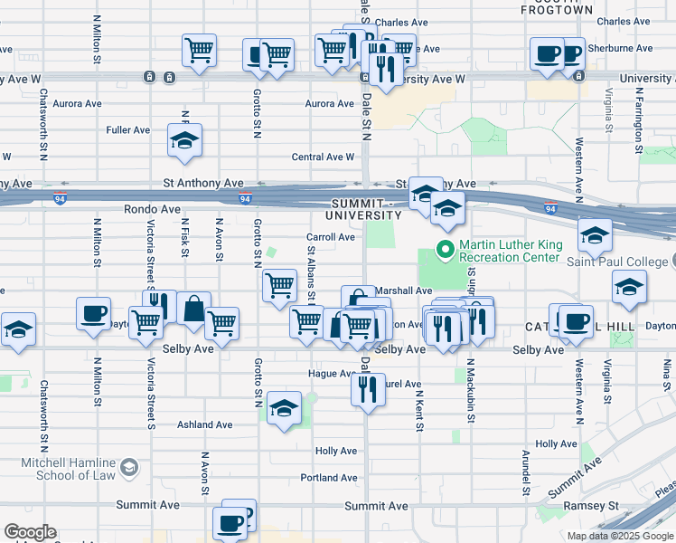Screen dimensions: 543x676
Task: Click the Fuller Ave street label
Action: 127,130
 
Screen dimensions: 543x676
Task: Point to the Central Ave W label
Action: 323,157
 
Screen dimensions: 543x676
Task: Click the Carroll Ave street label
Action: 330,237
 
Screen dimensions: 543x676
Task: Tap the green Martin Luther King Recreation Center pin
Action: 445,249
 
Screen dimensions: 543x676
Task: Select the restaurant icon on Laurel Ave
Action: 367,390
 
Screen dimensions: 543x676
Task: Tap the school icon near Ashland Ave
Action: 285,408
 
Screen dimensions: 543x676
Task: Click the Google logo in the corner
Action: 30,532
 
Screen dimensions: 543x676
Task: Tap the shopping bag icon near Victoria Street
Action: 193,309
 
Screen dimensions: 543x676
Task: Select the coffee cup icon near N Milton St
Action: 92,313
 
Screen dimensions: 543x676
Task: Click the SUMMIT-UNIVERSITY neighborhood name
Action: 365,209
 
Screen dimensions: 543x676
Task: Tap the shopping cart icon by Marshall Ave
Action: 279,286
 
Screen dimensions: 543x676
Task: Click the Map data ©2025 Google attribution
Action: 620,536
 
